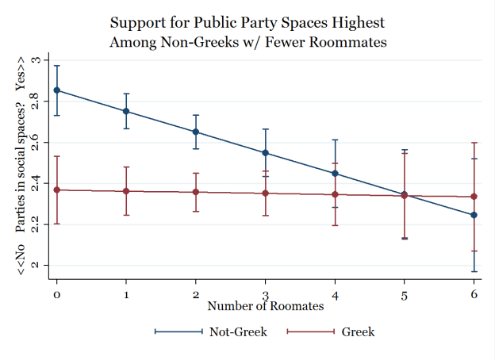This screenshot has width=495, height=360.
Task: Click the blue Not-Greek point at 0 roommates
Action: coord(57,90)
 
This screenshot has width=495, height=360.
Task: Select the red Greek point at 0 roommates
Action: coord(57,190)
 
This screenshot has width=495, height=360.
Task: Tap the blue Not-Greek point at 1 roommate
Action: coord(126,112)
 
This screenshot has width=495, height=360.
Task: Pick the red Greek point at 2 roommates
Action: coord(196,192)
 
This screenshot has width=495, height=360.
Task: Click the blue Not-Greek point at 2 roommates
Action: coord(196,132)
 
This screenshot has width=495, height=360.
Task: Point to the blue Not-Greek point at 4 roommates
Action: coord(335,174)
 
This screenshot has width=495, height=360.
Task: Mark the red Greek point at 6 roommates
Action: coord(474,197)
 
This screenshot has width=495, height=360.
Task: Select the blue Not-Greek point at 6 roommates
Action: coord(474,215)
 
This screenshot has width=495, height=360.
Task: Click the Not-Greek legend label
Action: coord(238,332)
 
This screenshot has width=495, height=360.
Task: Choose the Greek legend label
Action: coord(358,332)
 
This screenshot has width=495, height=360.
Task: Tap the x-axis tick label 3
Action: coord(266,294)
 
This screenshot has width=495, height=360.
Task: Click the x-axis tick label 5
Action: coord(405,294)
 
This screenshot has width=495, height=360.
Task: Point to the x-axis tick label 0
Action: coord(57,294)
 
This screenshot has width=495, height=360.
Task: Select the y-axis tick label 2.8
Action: coord(34,101)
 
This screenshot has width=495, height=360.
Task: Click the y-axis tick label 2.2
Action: coord(34,224)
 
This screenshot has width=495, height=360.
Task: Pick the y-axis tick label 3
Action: coord(34,61)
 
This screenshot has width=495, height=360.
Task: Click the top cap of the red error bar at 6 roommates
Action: coord(474,143)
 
